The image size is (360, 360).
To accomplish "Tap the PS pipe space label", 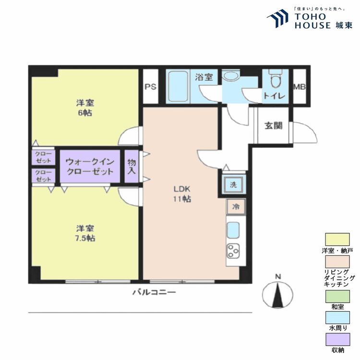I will coord(150,87).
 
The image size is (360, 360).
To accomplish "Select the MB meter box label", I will coord(300,87).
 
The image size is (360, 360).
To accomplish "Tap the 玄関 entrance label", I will coord(273,126).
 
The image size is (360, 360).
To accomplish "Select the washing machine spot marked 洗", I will coord(233,185).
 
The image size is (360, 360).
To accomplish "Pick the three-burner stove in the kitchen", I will coord(234,251).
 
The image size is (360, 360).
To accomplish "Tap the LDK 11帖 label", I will coord(182,193).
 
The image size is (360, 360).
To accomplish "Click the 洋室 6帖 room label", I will coord(84,108).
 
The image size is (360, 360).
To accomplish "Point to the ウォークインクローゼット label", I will coord(90,167).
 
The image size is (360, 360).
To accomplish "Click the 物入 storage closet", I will coord(132,167).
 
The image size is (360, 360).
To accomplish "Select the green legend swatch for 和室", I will coord(337,300).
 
